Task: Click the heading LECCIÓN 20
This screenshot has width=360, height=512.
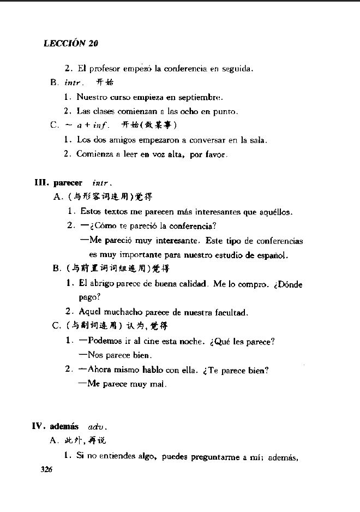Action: (71, 44)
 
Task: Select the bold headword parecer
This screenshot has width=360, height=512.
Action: (68, 183)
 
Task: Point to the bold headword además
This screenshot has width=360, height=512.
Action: (64, 426)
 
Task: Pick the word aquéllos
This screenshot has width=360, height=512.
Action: (273, 212)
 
